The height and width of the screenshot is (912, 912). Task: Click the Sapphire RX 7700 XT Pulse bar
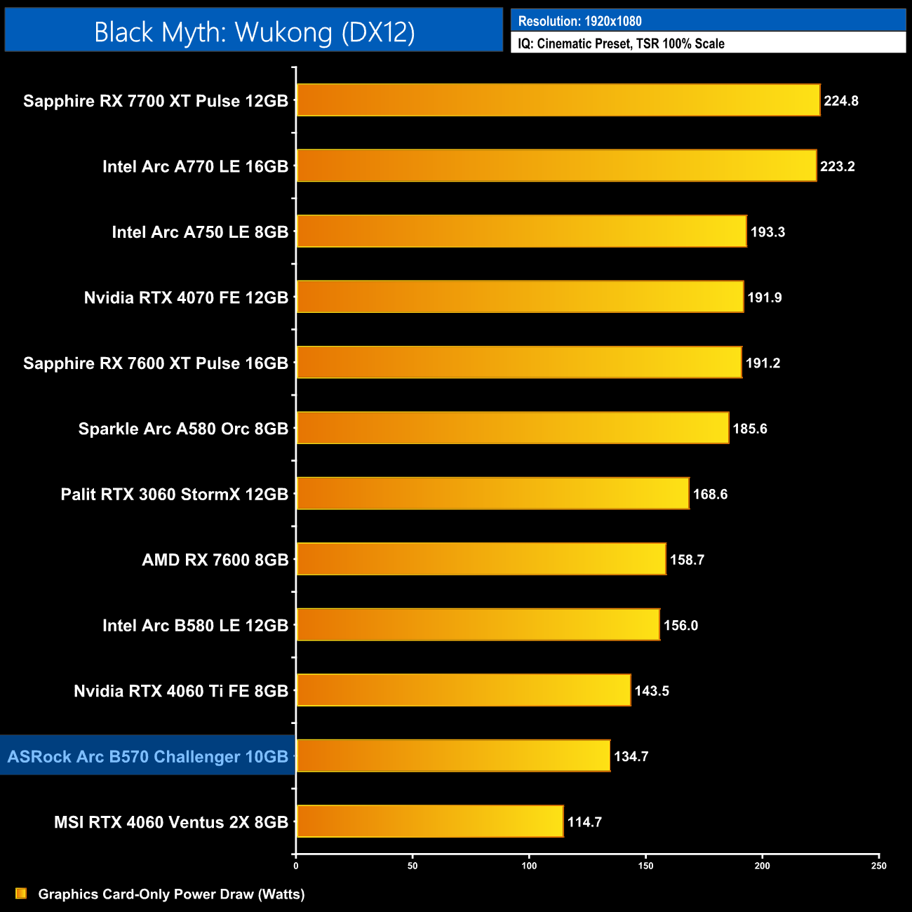point(558,100)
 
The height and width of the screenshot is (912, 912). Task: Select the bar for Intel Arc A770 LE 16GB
point(556,166)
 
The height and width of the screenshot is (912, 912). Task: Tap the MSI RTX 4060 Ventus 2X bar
point(429,822)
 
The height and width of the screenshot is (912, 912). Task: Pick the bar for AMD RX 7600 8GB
point(481,559)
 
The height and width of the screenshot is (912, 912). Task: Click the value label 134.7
point(631,756)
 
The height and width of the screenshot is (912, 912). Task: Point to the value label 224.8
point(840,100)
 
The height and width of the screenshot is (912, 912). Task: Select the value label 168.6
point(710,494)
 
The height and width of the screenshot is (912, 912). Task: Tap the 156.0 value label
point(680,625)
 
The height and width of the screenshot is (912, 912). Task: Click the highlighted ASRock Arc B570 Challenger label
point(148,756)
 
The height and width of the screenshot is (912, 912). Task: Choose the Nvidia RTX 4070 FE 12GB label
point(186,297)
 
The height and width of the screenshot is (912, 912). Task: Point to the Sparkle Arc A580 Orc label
point(183,429)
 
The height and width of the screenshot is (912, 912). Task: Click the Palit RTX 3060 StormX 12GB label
point(174,494)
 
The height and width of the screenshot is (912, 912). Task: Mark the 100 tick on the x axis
point(529,866)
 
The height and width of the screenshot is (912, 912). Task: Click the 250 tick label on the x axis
point(878,866)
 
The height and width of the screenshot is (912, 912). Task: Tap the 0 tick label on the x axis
point(296,866)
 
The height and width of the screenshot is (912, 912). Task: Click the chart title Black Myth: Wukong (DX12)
point(254,32)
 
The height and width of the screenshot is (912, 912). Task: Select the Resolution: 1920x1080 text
point(579,21)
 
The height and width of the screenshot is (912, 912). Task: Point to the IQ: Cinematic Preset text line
point(621,43)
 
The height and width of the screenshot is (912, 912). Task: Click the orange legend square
point(21,894)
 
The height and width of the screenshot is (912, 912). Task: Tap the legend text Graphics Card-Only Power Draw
point(171,894)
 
